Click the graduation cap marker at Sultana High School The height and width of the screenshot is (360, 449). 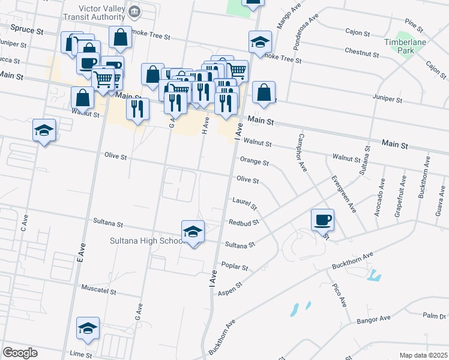[x=193, y=232]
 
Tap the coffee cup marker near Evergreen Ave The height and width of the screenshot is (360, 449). [x=323, y=220]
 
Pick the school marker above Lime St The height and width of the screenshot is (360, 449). [x=88, y=328]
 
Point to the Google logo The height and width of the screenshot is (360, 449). [x=19, y=353]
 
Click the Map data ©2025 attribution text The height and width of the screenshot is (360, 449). [x=423, y=355]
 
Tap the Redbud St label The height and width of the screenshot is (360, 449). [x=244, y=222]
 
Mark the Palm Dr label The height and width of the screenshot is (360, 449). [x=435, y=316]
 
